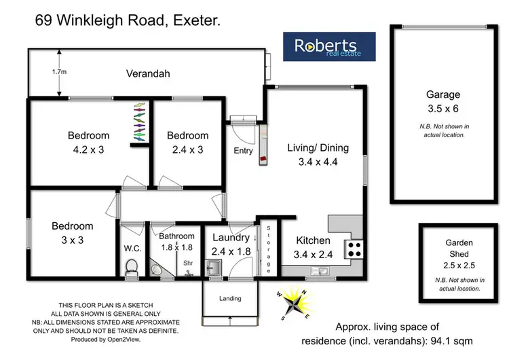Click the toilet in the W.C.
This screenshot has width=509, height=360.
[x=133, y=270]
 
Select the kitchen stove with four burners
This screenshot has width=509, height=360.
[x=354, y=249]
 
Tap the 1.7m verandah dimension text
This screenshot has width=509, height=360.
[x=44, y=70]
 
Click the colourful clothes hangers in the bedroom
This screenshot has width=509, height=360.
[x=138, y=123]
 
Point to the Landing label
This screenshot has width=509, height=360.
[x=230, y=298]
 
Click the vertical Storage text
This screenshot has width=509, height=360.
[x=269, y=249]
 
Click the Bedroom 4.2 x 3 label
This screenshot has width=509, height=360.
[x=88, y=141]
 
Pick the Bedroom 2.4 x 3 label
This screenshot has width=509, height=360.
[x=187, y=141]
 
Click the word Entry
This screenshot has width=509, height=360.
[x=243, y=151]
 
